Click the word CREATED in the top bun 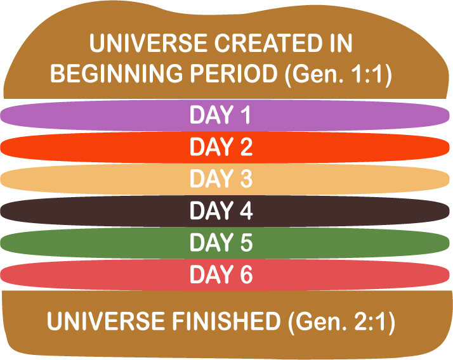coord(268,43)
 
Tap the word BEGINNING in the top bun coord(117,74)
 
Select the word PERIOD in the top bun coord(233,74)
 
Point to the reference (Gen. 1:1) coord(338,74)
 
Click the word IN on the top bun coord(341,43)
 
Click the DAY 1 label coord(220,115)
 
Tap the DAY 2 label coord(221,146)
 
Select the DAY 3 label coord(221,178)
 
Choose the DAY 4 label coord(221,210)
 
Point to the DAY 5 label coord(221,242)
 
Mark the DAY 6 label coord(221,274)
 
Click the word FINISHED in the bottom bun coord(226,321)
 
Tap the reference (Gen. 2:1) coord(341,322)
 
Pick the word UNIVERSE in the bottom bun coord(106,321)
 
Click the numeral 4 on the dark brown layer coord(246,210)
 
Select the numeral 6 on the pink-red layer coord(246,274)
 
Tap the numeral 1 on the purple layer coord(246,115)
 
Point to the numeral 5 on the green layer coord(246,243)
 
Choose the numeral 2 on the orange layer coord(246,146)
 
